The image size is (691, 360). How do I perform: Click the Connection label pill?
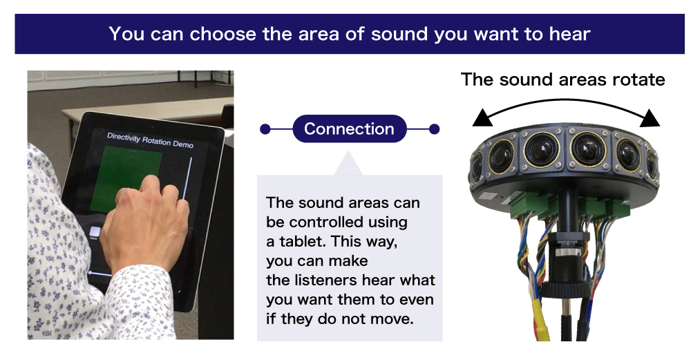click(350, 129)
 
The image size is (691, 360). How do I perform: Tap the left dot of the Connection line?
click(265, 129)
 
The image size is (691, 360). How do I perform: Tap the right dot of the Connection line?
click(434, 129)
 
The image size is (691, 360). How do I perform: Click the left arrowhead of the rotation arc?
click(482, 118)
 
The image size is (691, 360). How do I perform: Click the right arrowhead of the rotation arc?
click(650, 118)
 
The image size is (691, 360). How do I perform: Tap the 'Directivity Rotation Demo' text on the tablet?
click(150, 140)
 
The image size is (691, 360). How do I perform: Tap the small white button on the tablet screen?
click(95, 232)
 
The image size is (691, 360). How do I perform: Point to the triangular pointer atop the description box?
click(348, 163)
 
